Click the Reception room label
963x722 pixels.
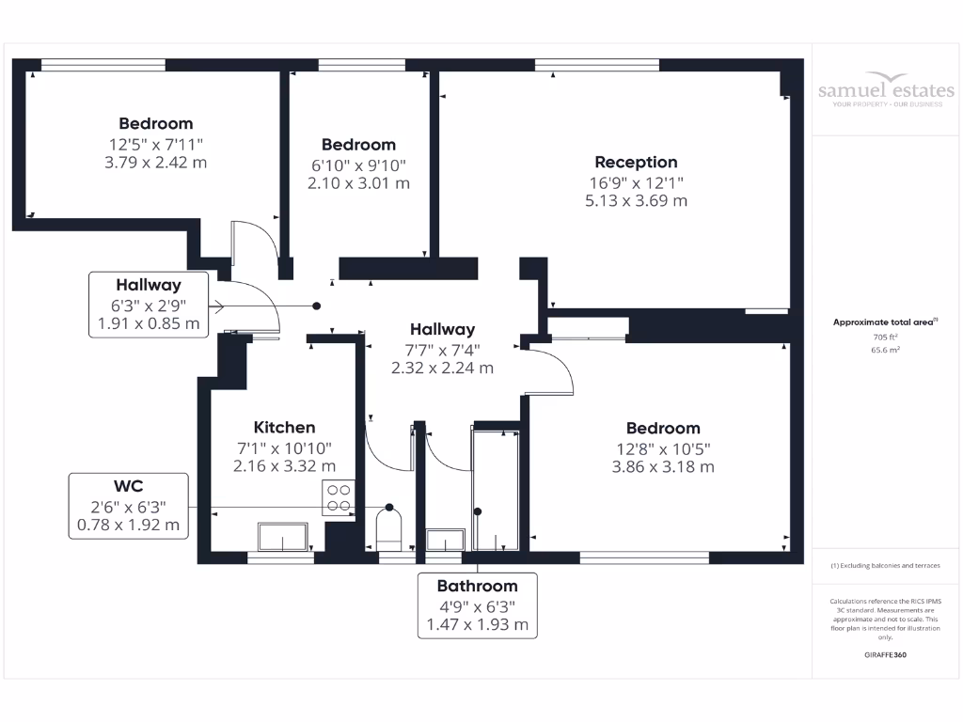pyautogui.click(x=636, y=163)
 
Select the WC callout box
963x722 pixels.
pyautogui.click(x=128, y=506)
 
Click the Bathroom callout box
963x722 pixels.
pyautogui.click(x=477, y=604)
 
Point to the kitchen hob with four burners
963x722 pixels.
pyautogui.click(x=337, y=496)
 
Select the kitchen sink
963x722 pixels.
pyautogui.click(x=282, y=539)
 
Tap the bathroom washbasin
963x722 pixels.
pyautogui.click(x=445, y=541)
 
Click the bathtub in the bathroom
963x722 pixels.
pyautogui.click(x=495, y=490)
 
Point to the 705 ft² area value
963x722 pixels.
pyautogui.click(x=884, y=337)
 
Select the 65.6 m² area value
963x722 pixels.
pyautogui.click(x=884, y=349)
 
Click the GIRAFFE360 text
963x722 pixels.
pyautogui.click(x=884, y=654)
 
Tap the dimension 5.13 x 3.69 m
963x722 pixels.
pyautogui.click(x=636, y=200)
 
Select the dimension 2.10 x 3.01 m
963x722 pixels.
pyautogui.click(x=358, y=183)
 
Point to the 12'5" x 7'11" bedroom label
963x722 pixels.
pyautogui.click(x=156, y=144)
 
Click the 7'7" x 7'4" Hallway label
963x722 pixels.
pyautogui.click(x=442, y=350)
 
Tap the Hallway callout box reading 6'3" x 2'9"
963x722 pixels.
pyautogui.click(x=149, y=305)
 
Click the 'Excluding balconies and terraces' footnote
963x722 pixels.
pyautogui.click(x=884, y=566)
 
